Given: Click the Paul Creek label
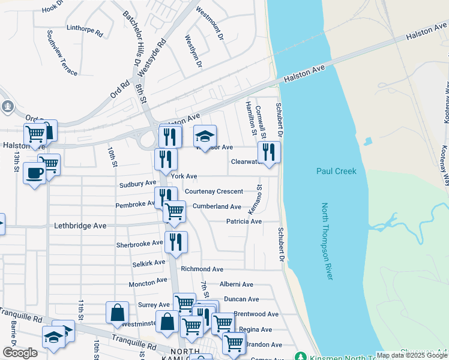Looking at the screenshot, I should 336,172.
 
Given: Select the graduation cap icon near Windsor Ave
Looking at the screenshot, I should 205,136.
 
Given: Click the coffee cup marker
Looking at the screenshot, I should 34,173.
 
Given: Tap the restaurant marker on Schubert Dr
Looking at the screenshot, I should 269,152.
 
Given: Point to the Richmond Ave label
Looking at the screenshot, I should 202,269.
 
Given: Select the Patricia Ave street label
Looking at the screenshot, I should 244,221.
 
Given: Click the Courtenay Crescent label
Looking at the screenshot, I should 214,191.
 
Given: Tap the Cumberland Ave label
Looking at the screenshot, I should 217,206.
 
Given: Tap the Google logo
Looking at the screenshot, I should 20,353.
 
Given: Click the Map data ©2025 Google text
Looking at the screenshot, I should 412,355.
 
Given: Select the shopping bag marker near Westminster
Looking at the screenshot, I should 117,312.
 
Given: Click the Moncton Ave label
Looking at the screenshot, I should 148,281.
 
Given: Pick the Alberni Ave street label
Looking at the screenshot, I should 237,284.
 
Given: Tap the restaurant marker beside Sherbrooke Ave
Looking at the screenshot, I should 176,242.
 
